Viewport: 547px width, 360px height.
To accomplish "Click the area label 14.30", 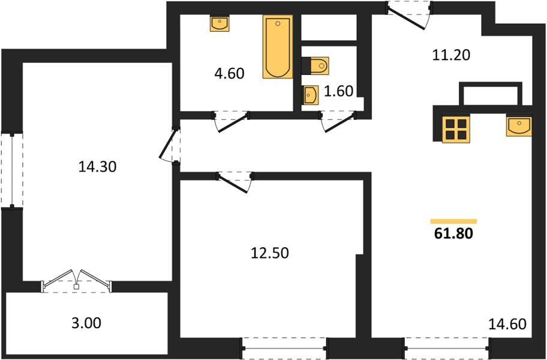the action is click(x=97, y=167).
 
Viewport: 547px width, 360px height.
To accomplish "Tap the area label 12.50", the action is click(x=270, y=253).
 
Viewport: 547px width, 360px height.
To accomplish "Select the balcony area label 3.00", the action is click(x=86, y=323).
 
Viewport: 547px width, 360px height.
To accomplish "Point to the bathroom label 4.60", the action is click(x=229, y=74).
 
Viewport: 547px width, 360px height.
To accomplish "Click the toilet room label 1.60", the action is click(x=338, y=91).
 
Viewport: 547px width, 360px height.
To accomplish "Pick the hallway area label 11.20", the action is click(x=451, y=55).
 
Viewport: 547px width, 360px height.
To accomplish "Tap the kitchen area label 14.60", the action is click(x=507, y=324).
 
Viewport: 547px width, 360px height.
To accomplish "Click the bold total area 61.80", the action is click(x=453, y=233).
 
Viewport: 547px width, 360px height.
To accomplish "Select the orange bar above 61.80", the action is click(x=453, y=221).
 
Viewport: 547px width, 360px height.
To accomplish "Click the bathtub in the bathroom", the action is click(x=278, y=47).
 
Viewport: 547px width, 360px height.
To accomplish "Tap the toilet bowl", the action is click(x=315, y=65).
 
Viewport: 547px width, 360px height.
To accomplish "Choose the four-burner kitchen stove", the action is click(x=456, y=129).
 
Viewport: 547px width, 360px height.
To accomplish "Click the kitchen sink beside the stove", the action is click(x=519, y=126).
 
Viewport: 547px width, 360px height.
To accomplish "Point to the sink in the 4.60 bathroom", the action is click(x=220, y=23).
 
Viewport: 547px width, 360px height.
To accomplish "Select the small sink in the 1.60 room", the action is click(x=311, y=95).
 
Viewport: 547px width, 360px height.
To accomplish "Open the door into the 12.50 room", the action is click(x=235, y=181).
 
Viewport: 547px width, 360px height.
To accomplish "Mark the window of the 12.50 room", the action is click(x=285, y=348).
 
